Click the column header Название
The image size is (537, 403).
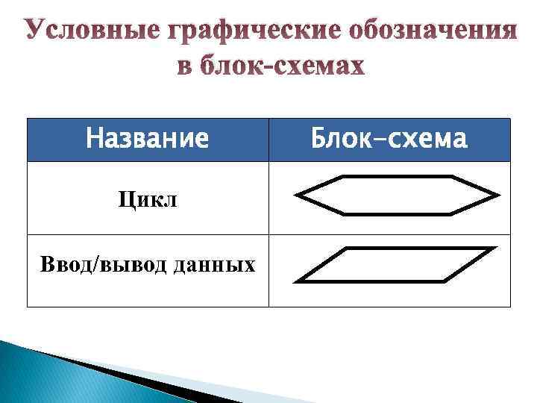147,140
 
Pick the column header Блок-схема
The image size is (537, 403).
389,140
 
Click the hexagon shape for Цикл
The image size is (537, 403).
397,196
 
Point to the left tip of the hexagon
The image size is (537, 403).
297,196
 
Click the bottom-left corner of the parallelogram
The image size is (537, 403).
297,282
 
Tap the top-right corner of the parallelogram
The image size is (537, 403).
493,248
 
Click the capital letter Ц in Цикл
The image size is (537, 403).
123,201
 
